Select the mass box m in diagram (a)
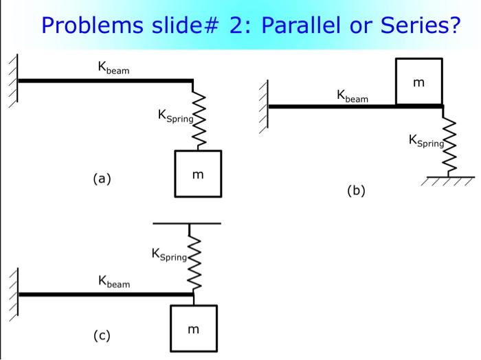coord(198,174)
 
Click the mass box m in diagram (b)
coord(419,82)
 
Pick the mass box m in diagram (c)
coord(193,329)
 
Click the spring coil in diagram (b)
coord(450,146)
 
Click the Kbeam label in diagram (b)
coord(353,95)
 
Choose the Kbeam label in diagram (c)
coord(114,281)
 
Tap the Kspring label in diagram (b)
coord(427,141)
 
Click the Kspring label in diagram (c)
coord(169,256)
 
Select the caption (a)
coord(102,179)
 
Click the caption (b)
coord(356,190)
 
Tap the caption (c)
coord(102,335)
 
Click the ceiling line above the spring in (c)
coord(187,223)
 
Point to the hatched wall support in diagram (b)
coord(264,106)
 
